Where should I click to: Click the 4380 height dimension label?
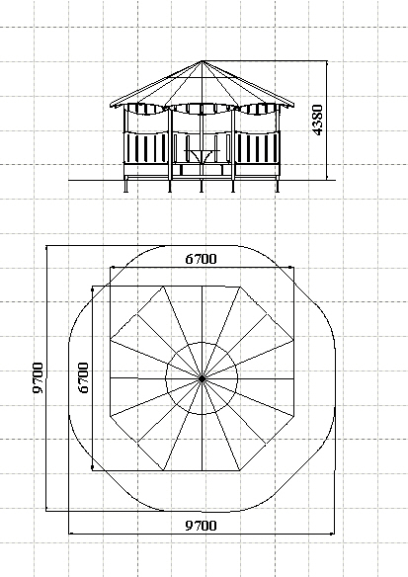point(317,121)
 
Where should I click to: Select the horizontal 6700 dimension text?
point(201,259)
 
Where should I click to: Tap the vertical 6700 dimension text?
point(84,377)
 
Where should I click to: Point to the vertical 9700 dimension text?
point(38,377)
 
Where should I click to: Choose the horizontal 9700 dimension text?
point(201,526)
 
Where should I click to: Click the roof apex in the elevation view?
point(202,61)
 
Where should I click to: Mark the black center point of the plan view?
point(202,378)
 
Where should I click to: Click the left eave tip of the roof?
point(110,106)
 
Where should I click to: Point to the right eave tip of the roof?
point(294,105)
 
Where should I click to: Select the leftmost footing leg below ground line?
point(125,186)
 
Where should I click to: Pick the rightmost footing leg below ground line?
point(278,186)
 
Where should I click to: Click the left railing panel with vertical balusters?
point(145,148)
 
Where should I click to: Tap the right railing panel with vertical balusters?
point(257,148)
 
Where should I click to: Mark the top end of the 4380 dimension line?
point(326,61)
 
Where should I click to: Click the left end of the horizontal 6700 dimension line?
point(111,267)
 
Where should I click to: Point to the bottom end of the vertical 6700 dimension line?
point(92,469)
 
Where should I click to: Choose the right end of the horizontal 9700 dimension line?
point(334,533)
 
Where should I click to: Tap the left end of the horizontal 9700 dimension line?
point(69,533)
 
